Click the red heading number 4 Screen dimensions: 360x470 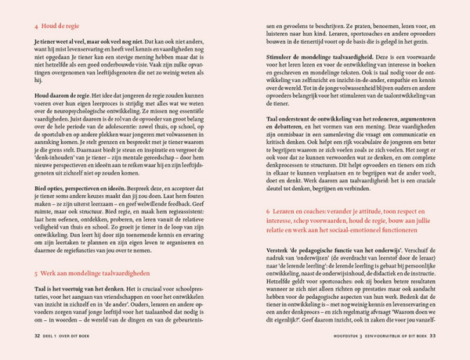pos(36,26)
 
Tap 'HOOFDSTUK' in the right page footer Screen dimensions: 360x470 pos(338,336)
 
